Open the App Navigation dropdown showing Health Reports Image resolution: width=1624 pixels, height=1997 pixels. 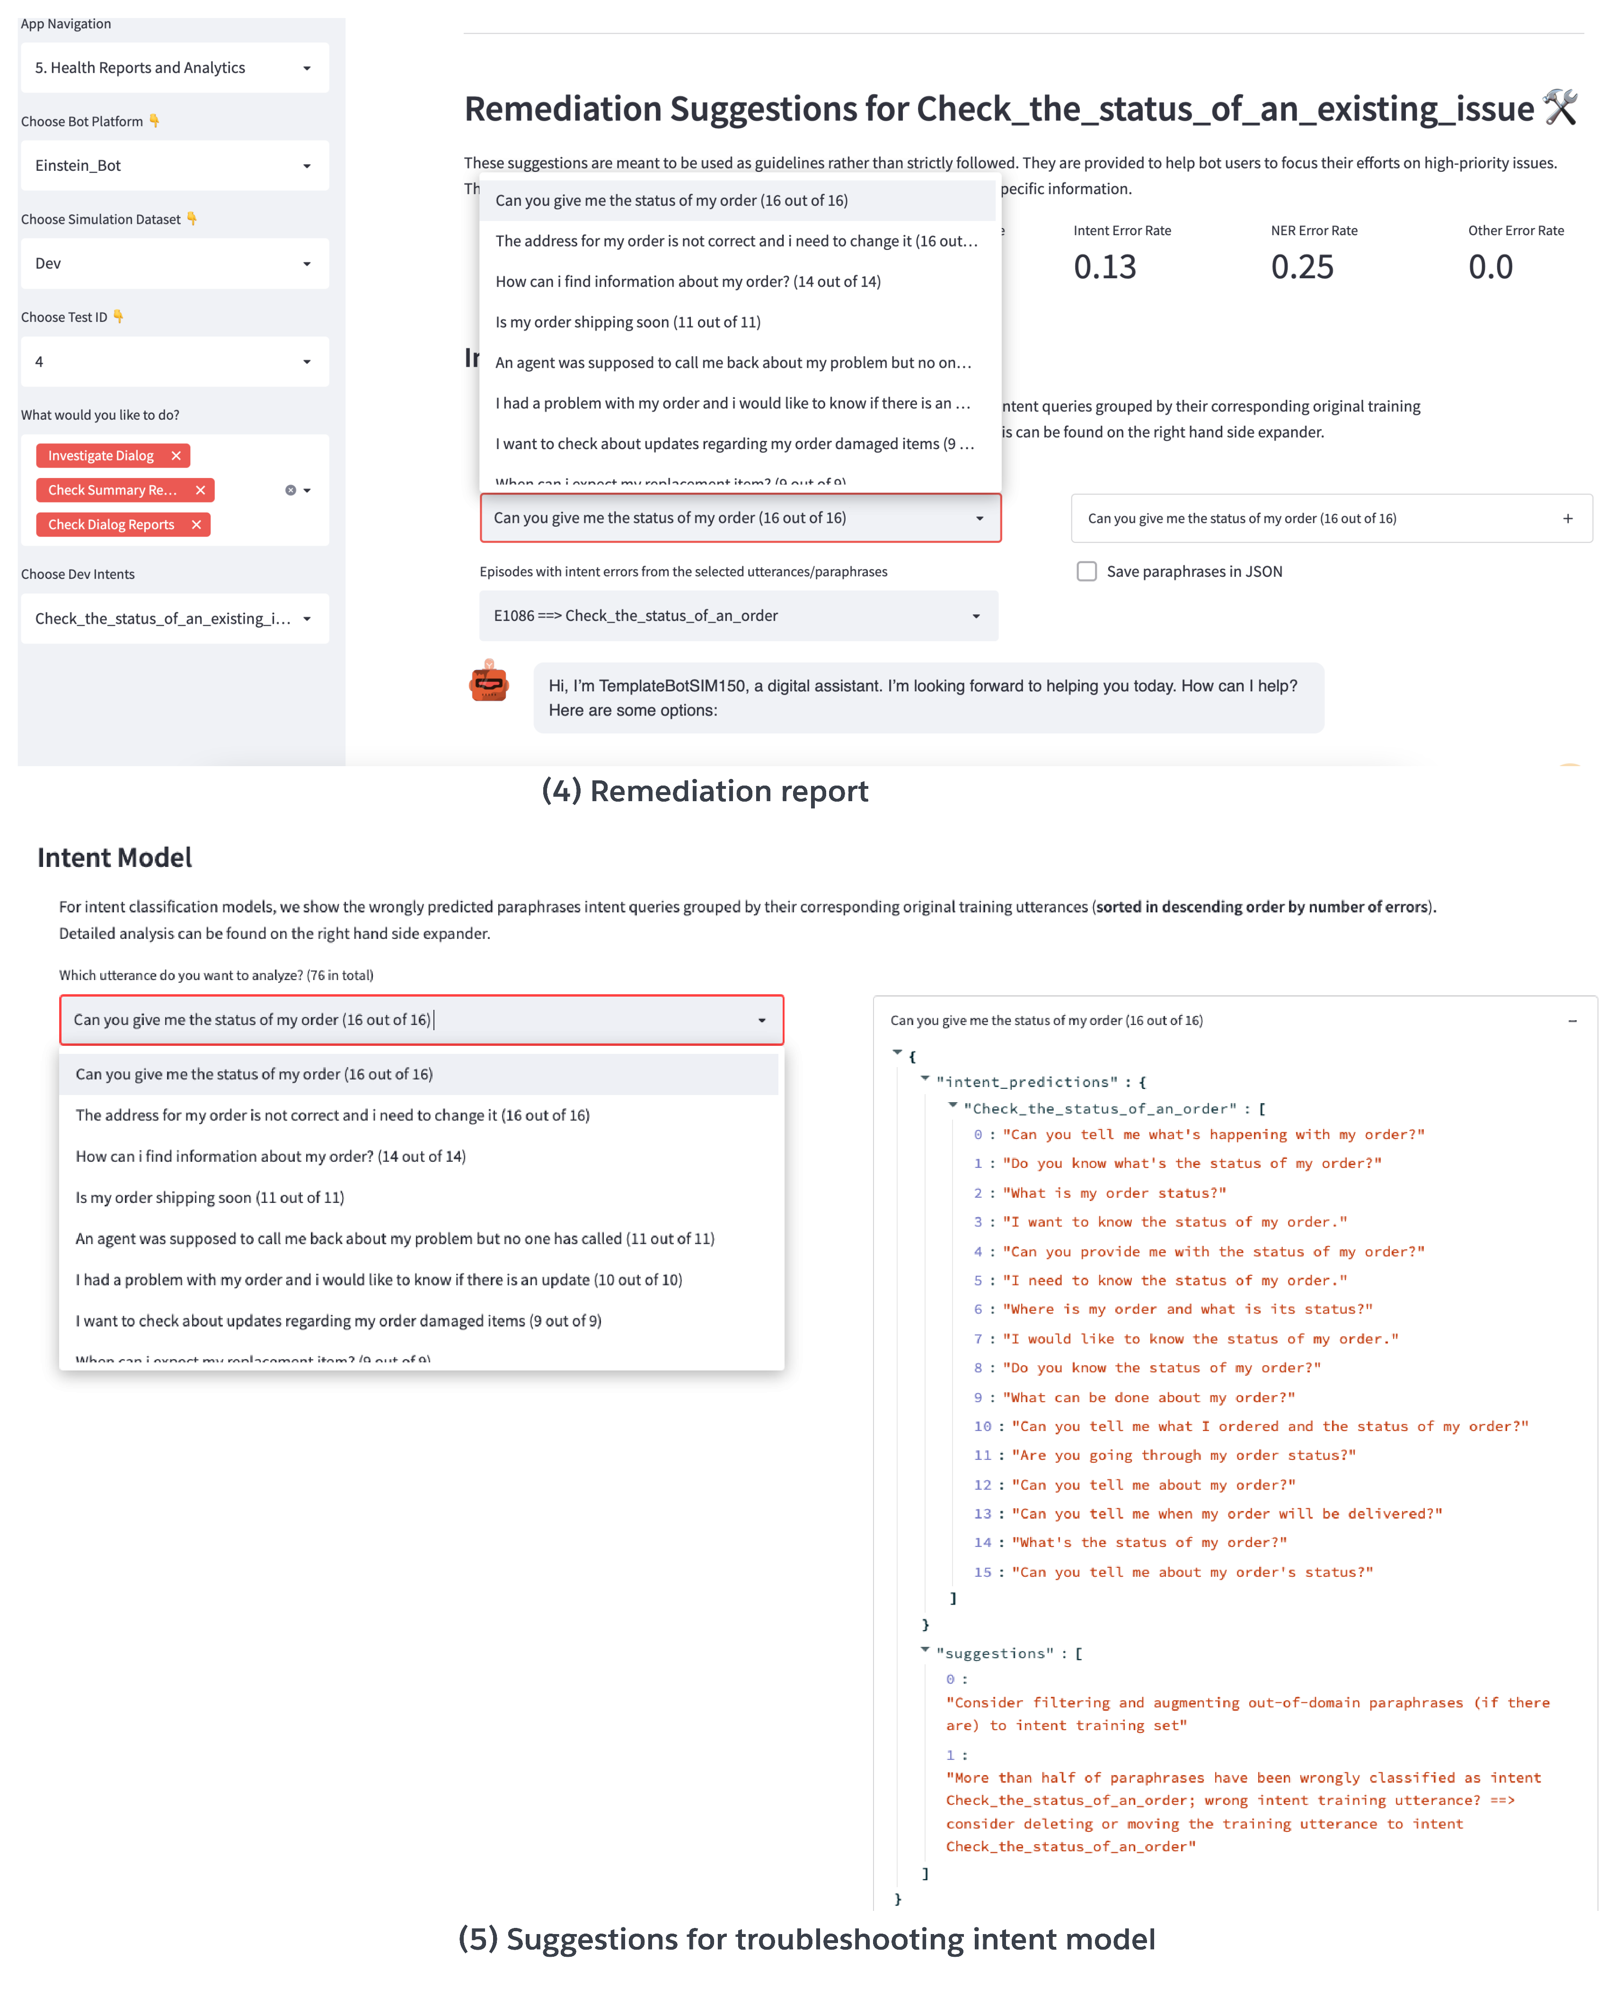point(174,67)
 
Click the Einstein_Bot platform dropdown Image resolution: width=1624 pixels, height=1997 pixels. point(174,166)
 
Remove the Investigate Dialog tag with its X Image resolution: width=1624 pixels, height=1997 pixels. point(176,456)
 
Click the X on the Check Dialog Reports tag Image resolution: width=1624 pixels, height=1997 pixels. point(196,525)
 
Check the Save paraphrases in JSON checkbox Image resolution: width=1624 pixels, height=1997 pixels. point(1086,572)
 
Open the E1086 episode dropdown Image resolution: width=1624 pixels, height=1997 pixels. point(738,616)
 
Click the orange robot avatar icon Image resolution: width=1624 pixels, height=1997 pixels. point(488,682)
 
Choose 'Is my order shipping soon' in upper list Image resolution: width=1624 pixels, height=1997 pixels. point(628,322)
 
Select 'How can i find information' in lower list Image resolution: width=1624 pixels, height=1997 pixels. point(270,1156)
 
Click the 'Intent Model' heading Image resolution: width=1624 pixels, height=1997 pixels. point(114,858)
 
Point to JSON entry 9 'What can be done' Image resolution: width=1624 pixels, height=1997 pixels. point(1148,1397)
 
